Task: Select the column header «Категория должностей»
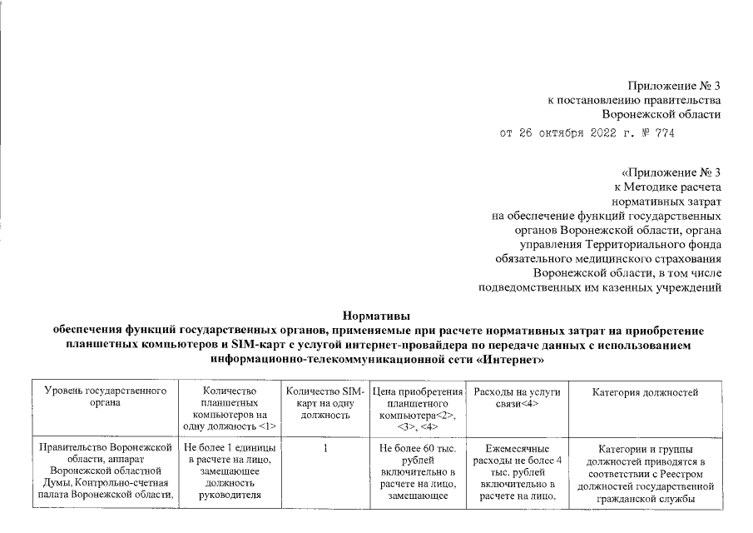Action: click(x=645, y=391)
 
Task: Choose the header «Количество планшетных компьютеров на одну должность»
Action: click(x=228, y=408)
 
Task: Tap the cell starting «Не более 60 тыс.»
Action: click(x=418, y=473)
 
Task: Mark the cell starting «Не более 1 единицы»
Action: click(x=228, y=473)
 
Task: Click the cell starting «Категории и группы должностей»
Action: click(x=645, y=473)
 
